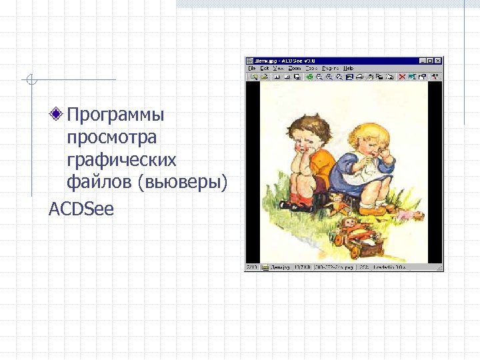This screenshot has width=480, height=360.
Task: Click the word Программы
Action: click(x=115, y=115)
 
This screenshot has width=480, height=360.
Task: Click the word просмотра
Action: click(x=112, y=137)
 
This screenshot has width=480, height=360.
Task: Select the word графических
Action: click(x=122, y=160)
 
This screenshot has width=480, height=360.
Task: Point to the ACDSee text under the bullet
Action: click(x=81, y=209)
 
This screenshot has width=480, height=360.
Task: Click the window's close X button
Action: click(x=438, y=61)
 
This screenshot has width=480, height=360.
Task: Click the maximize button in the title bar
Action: click(x=430, y=61)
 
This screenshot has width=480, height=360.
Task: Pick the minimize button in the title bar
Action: click(x=422, y=61)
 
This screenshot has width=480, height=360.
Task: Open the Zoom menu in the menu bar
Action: click(x=295, y=68)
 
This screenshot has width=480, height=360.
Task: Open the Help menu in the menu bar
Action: click(x=348, y=68)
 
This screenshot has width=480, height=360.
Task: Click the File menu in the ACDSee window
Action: click(x=253, y=68)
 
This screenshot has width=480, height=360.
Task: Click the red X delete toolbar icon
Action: click(x=403, y=77)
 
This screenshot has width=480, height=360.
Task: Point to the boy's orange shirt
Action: click(x=321, y=163)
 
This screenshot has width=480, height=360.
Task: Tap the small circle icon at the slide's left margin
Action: click(x=31, y=81)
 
